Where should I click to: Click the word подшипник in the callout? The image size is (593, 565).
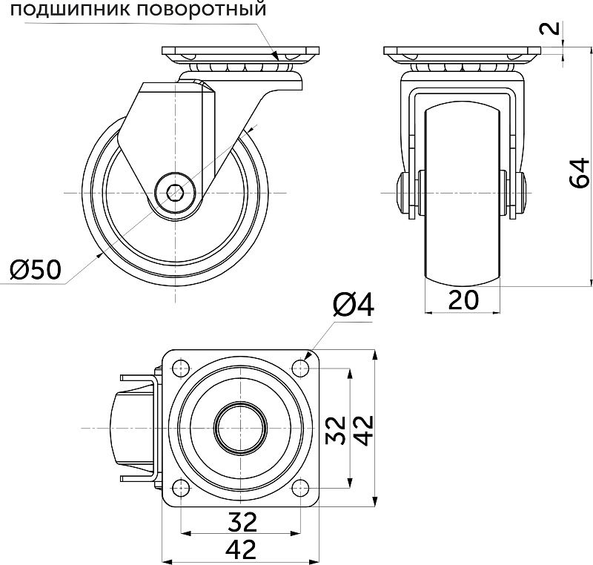click(x=64, y=11)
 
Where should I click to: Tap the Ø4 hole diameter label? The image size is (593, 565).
click(x=354, y=304)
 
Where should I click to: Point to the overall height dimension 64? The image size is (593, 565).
click(x=580, y=172)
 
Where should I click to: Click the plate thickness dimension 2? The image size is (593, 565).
click(x=549, y=29)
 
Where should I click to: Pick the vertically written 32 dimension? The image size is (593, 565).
click(x=337, y=429)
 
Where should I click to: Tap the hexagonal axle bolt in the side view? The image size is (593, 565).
click(x=176, y=194)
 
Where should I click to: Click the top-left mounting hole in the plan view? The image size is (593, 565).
click(x=179, y=368)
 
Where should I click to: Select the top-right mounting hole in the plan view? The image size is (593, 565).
click(x=299, y=368)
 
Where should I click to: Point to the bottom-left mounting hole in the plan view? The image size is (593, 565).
click(x=179, y=488)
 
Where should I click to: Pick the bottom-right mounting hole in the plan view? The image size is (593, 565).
click(x=299, y=488)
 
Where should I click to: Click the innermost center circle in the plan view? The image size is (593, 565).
click(x=239, y=428)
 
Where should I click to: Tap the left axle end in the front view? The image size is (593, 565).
click(x=405, y=194)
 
